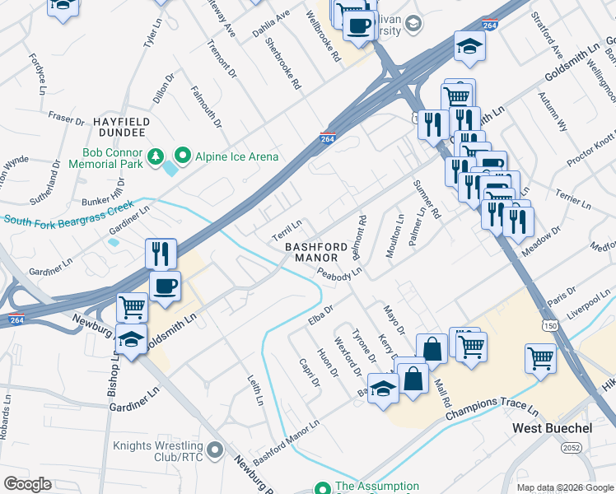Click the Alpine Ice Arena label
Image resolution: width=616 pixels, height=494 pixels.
(236, 156)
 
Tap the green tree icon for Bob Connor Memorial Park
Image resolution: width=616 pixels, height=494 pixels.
(154, 156)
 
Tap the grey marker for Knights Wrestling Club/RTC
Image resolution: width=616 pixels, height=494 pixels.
(216, 450)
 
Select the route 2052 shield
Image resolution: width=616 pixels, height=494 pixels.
(570, 448)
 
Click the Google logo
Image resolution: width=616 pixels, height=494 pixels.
(27, 484)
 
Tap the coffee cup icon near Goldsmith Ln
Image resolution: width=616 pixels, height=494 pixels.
(165, 287)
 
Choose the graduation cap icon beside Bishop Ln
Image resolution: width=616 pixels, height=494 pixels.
(131, 338)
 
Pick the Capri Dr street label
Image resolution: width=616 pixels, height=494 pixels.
(310, 371)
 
